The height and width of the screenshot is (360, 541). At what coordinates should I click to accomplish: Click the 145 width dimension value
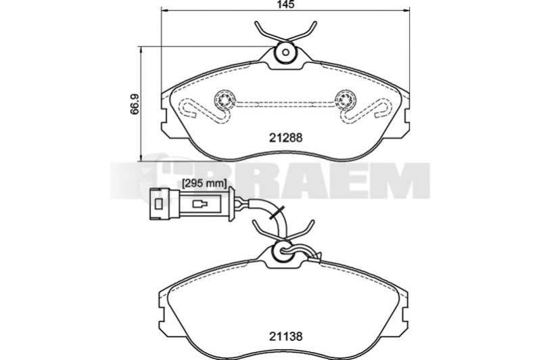(x=285, y=5)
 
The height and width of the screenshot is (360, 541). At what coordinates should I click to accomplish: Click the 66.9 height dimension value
(x=134, y=104)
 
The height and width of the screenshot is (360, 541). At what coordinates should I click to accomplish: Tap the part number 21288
(x=285, y=138)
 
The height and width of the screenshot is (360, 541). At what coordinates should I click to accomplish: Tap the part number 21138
(x=285, y=336)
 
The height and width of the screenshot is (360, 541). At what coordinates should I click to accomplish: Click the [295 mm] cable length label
(x=204, y=183)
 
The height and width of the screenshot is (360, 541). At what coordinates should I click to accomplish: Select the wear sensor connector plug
(x=192, y=204)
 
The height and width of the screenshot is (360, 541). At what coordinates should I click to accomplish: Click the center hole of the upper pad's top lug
(x=285, y=53)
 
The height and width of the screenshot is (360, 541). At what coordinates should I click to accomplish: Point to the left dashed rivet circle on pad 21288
(x=225, y=100)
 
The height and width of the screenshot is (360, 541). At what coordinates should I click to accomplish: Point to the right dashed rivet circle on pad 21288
(x=346, y=100)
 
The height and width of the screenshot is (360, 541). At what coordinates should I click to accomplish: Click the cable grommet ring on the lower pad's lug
(x=283, y=252)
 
